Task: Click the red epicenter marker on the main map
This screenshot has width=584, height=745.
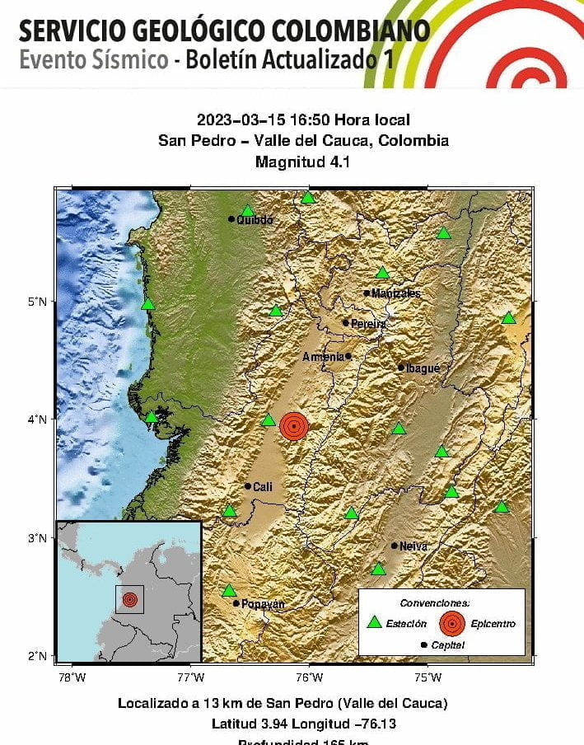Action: (x=294, y=425)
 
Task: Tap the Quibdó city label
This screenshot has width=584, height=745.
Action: (x=254, y=220)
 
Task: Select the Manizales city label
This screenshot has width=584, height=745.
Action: (x=395, y=293)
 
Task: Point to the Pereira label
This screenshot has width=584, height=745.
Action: (x=368, y=324)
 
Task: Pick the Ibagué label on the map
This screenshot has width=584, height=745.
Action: (x=423, y=368)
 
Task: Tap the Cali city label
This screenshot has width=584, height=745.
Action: (x=262, y=487)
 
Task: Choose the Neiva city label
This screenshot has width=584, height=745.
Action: (x=413, y=546)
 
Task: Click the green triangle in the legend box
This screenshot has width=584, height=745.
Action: (x=374, y=623)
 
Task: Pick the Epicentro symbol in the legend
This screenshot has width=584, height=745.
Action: (x=451, y=623)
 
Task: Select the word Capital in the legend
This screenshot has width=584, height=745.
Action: (x=447, y=645)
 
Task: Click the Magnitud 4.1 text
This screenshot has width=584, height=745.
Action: (x=302, y=162)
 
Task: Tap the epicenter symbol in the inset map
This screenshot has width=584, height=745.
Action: (x=129, y=599)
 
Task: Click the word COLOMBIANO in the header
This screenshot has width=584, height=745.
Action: (x=339, y=31)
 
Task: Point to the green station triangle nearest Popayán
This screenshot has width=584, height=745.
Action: (x=229, y=590)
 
